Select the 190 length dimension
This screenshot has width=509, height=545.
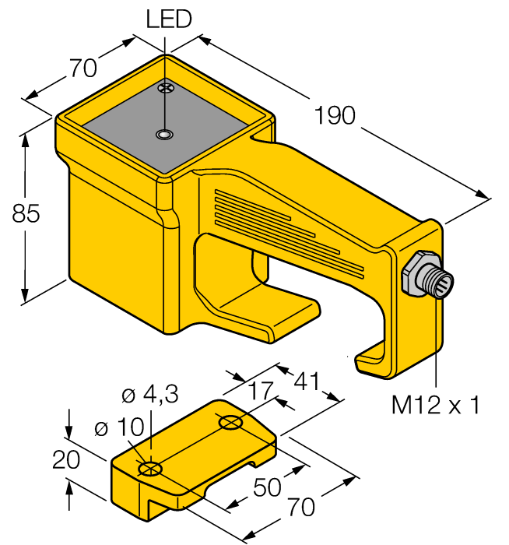pyautogui.click(x=336, y=116)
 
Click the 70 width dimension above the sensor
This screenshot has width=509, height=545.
pyautogui.click(x=82, y=69)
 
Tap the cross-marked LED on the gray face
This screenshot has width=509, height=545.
pyautogui.click(x=164, y=89)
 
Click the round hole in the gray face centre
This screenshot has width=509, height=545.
pyautogui.click(x=163, y=135)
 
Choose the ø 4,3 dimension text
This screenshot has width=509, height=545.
pyautogui.click(x=149, y=395)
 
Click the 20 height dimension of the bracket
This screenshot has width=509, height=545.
pyautogui.click(x=67, y=461)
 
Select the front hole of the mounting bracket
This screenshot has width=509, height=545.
pyautogui.click(x=149, y=469)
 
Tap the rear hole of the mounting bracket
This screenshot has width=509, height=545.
pyautogui.click(x=231, y=424)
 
